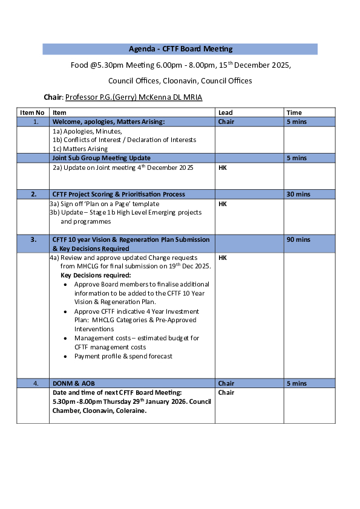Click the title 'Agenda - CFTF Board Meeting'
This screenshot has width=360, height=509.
point(180,49)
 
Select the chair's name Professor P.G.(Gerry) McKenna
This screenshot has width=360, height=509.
point(134,97)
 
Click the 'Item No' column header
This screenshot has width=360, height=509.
point(32,112)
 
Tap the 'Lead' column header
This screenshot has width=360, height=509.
point(225,112)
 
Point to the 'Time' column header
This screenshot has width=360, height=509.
point(294,112)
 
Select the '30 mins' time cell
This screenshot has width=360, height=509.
point(298,194)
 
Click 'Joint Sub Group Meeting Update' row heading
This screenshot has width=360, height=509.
point(102,158)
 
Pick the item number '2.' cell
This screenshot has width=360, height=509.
point(33,194)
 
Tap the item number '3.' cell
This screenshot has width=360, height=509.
point(33,240)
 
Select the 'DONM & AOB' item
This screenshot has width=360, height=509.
point(74,383)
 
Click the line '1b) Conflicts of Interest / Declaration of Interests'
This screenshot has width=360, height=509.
point(124,140)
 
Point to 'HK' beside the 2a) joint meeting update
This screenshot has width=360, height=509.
point(222,167)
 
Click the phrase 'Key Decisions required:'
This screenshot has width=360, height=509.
point(96,275)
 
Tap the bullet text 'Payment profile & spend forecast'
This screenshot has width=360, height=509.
point(123,356)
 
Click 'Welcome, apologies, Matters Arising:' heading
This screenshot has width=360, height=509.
point(108,122)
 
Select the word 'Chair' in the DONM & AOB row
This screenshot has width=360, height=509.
point(226,383)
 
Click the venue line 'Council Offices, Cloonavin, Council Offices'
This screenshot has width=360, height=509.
point(180,80)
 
